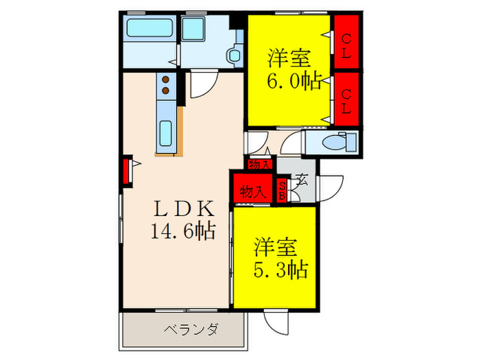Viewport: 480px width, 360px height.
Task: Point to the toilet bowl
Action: click(338, 143)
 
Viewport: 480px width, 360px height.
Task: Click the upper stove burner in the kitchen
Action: click(165, 78)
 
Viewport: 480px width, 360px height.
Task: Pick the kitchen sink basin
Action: click(166, 133)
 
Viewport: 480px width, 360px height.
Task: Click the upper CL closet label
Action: click(347, 47)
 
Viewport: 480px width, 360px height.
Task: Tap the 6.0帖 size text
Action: click(292, 82)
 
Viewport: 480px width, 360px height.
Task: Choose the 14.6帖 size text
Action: click(183, 230)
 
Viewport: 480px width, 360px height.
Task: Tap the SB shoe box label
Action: click(282, 190)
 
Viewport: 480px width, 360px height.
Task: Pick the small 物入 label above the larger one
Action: click(259, 165)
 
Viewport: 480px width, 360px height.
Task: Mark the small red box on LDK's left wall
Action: click(126, 171)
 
